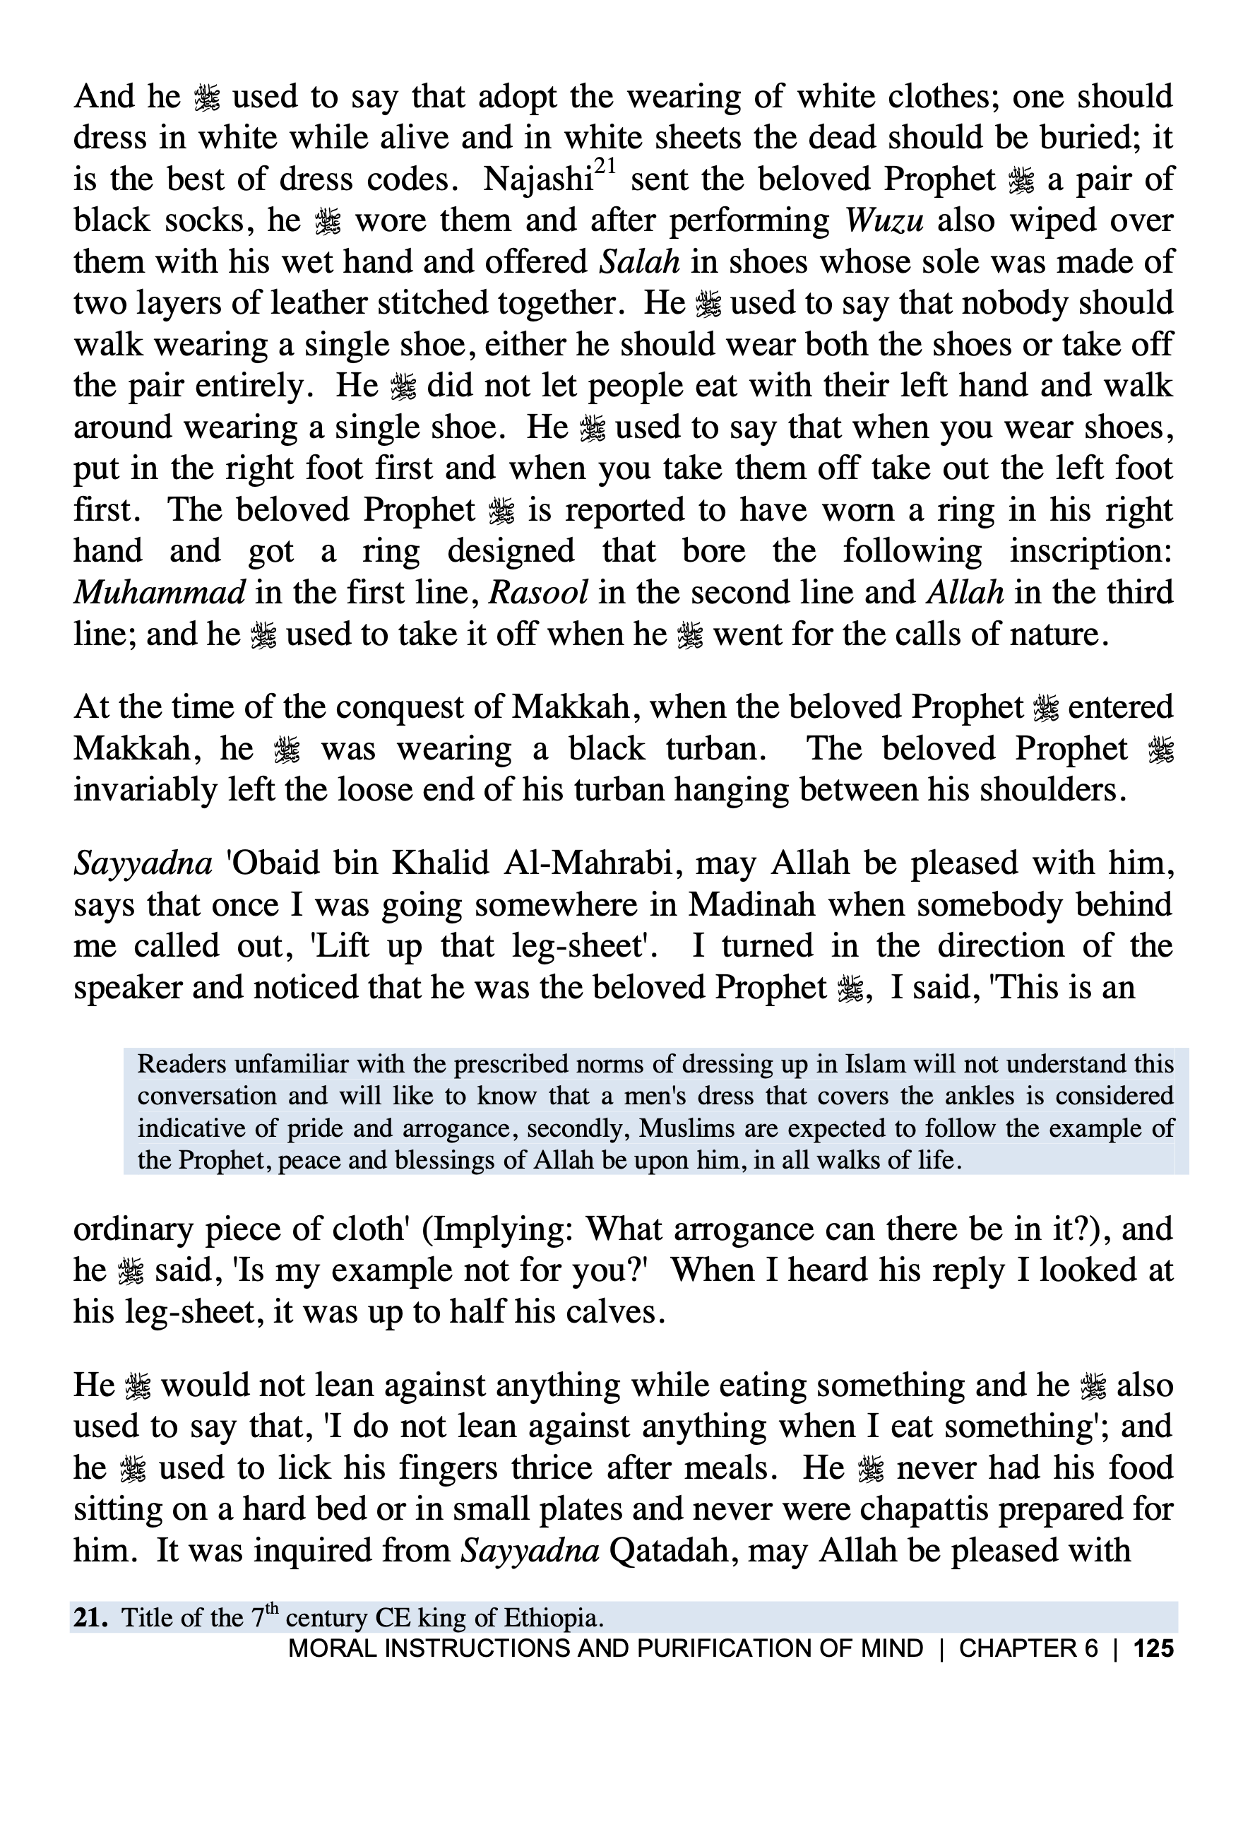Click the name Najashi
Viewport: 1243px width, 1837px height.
pos(537,180)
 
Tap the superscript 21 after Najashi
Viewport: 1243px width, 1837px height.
pos(605,167)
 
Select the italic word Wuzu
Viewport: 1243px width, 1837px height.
pos(884,220)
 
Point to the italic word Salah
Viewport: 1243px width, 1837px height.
pos(638,262)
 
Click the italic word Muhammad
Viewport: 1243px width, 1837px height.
pos(159,593)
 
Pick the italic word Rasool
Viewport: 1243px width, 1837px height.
pos(538,593)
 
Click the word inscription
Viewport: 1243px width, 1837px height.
pos(1090,552)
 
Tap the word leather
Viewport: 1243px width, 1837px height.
pos(318,304)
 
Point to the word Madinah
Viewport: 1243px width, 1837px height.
pos(751,904)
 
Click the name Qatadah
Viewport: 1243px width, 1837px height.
pos(674,1550)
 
